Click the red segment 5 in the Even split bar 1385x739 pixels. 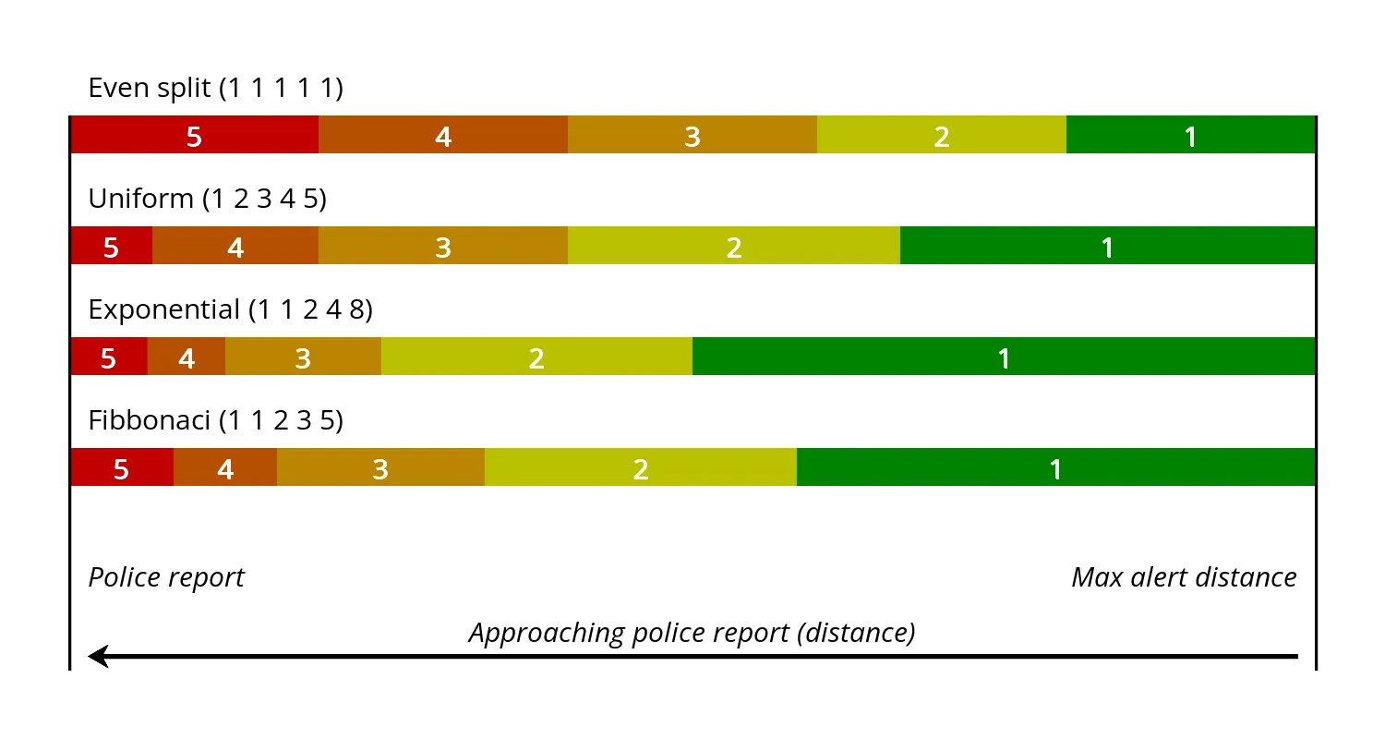pyautogui.click(x=194, y=135)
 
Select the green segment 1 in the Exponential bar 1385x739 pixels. pyautogui.click(x=1004, y=357)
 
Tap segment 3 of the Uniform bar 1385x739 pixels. pyautogui.click(x=443, y=246)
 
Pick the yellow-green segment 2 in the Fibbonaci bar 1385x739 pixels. pyautogui.click(x=641, y=467)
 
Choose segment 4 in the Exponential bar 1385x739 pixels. pyautogui.click(x=187, y=357)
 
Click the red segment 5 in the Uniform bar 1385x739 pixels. pyautogui.click(x=111, y=246)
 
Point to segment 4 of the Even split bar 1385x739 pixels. pyautogui.click(x=443, y=135)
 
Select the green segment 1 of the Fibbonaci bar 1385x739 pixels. pyautogui.click(x=1055, y=467)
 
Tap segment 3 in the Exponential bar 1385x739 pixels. pyautogui.click(x=303, y=357)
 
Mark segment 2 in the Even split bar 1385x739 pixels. pyautogui.click(x=942, y=135)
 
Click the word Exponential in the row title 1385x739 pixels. pyautogui.click(x=163, y=309)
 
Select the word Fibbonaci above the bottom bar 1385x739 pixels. pyautogui.click(x=150, y=420)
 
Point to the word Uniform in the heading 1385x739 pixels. pyautogui.click(x=140, y=199)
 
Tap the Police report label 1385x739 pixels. pyautogui.click(x=166, y=577)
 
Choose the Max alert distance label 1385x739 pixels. pyautogui.click(x=1184, y=577)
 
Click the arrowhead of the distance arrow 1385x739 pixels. pyautogui.click(x=97, y=657)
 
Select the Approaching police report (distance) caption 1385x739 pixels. pyautogui.click(x=692, y=633)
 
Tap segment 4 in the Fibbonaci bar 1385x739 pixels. pyautogui.click(x=225, y=467)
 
